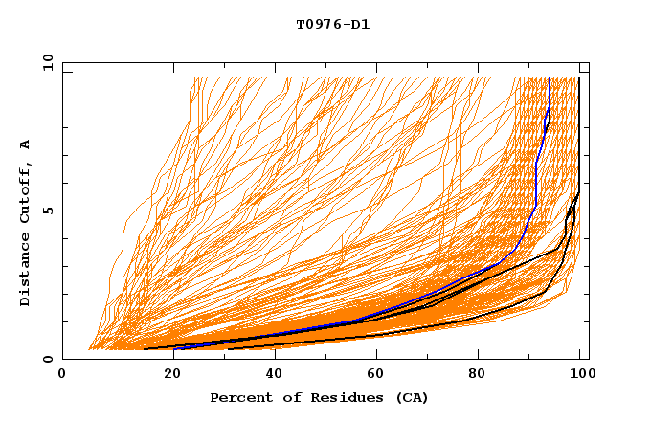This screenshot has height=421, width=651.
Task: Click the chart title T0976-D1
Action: tap(332, 25)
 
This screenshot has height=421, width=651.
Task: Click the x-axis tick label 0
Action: tap(62, 376)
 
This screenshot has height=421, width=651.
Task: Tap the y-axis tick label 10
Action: tap(46, 62)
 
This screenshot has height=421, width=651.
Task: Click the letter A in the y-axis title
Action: tap(26, 144)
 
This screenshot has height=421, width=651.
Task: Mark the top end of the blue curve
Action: tap(550, 78)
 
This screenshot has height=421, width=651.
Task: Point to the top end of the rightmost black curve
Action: tap(579, 78)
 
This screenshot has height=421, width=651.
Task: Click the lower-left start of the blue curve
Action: tap(174, 348)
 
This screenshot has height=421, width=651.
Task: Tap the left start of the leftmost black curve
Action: tap(144, 348)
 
